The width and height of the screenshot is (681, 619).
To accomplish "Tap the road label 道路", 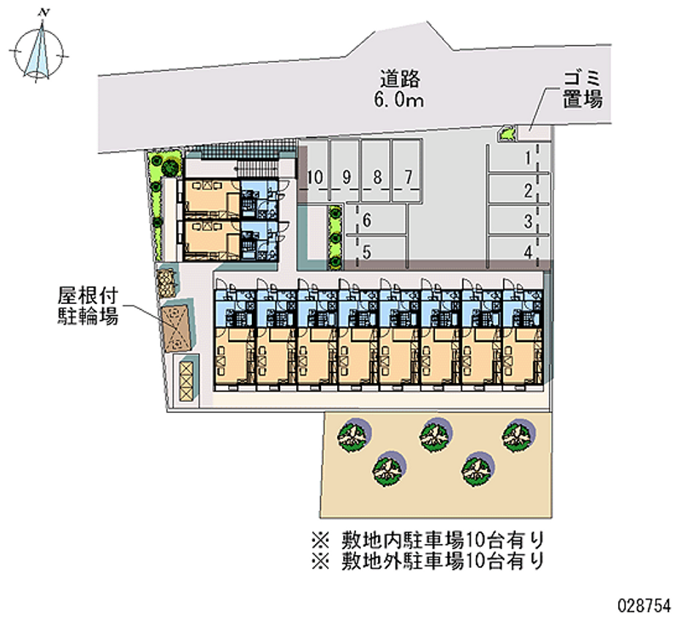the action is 400,79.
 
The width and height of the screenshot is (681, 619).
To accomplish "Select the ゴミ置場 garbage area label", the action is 582,89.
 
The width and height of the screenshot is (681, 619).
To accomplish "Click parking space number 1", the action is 529,158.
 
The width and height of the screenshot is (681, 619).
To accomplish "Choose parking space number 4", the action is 529,251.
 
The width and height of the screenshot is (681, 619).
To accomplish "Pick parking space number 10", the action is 315,177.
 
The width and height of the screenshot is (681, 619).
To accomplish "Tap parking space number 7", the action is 409,177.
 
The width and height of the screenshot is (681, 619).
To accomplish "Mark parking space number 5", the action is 366,251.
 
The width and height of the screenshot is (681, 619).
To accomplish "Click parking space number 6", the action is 366,221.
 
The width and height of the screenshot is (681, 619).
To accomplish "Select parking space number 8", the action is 377,177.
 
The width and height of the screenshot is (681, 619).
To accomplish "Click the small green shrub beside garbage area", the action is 506,134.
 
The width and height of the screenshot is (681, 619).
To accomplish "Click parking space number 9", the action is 346,177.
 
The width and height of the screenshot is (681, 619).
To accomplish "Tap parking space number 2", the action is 529,190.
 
